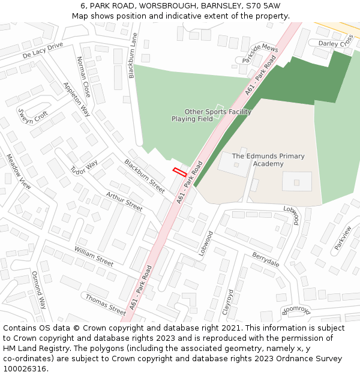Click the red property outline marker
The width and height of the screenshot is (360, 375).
tap(179, 172)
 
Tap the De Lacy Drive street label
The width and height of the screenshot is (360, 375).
tap(43, 50)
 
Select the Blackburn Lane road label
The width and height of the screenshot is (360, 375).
tap(133, 55)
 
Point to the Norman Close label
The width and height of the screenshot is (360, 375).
tap(83, 77)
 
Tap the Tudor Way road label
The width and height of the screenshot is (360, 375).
tap(84, 167)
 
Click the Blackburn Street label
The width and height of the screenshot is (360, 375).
tap(144, 176)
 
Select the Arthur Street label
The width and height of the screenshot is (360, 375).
tap(124, 201)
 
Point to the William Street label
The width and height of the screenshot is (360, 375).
tap(94, 256)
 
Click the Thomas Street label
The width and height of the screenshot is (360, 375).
tap(106, 304)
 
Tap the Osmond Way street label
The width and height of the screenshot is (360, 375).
tap(38, 290)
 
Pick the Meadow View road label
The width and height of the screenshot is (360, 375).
tap(18, 172)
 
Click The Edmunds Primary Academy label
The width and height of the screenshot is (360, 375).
tap(268, 160)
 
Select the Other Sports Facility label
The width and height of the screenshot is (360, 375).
tap(217, 112)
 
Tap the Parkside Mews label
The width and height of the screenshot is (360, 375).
tap(260, 53)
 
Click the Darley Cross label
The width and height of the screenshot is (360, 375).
tap(335, 43)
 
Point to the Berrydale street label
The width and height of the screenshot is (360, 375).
tap(266, 259)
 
